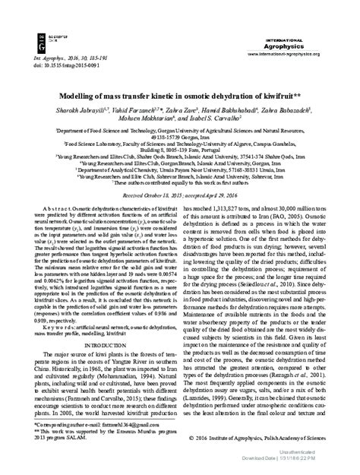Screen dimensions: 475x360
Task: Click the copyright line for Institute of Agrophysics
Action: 277,439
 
